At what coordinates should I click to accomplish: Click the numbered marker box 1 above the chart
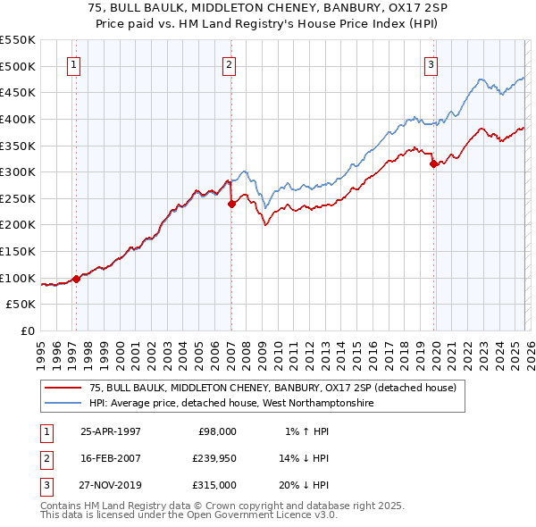[x=72, y=64]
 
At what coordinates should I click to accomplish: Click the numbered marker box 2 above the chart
[x=230, y=64]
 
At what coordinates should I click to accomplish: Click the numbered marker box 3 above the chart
[x=431, y=64]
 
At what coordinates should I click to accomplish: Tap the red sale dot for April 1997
[x=77, y=279]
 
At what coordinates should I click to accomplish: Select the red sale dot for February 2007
[x=231, y=204]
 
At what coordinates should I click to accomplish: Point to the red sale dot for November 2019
[x=433, y=163]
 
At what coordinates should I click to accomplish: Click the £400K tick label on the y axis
[x=18, y=119]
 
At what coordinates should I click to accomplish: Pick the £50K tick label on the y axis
[x=21, y=305]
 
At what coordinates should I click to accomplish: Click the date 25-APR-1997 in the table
[x=111, y=431]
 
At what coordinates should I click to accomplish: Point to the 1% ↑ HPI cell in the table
[x=306, y=431]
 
